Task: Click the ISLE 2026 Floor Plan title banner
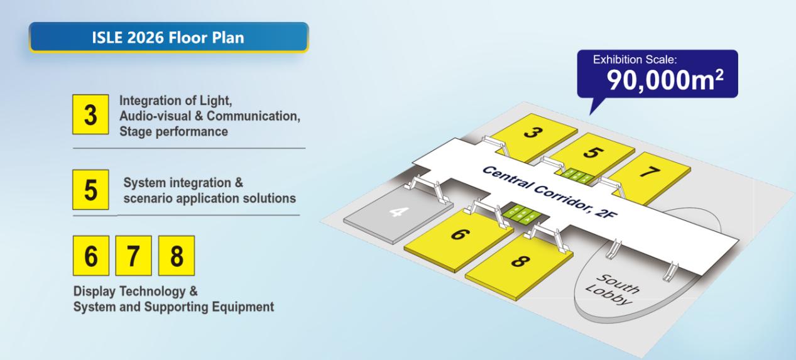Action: tap(168, 37)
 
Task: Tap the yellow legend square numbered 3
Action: tap(90, 114)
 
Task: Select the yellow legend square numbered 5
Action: tap(90, 189)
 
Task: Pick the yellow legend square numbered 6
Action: tap(91, 256)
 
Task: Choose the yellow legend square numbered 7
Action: tap(134, 256)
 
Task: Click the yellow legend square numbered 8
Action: tap(177, 256)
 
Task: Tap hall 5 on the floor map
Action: tap(592, 153)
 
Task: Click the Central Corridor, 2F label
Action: tap(549, 192)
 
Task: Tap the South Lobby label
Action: tap(613, 289)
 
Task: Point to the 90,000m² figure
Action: tap(665, 80)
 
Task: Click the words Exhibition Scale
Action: tap(635, 59)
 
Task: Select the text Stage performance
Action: tap(173, 131)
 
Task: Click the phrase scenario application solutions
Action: tap(210, 199)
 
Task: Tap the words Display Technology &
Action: tap(136, 292)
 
